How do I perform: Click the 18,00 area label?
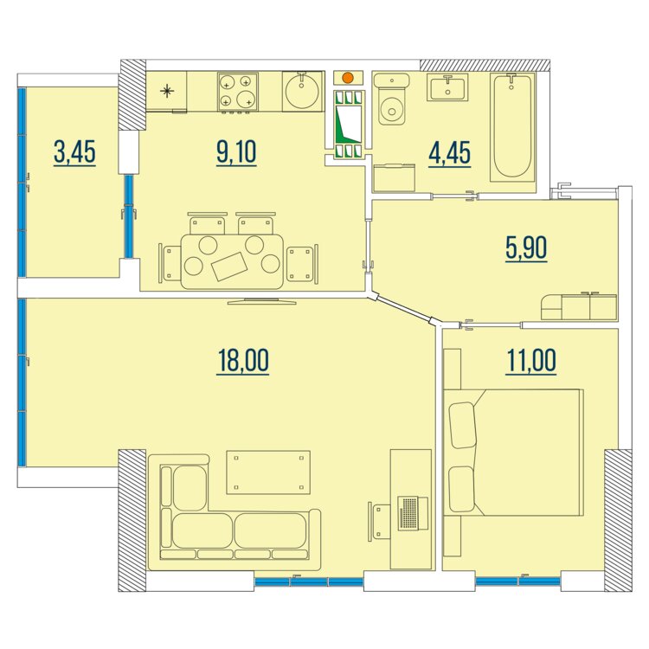coord(242,361)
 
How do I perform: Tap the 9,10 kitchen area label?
coord(236,152)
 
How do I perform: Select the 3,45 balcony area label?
coord(74,152)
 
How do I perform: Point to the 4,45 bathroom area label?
coord(449,153)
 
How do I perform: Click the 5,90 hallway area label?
coord(526,248)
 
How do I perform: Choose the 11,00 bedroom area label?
coord(531,361)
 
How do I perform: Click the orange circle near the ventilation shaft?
coord(348,77)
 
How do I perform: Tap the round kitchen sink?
coord(302,91)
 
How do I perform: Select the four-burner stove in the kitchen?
coord(238,92)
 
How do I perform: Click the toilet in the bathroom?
coord(391,100)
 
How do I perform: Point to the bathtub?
coord(512,127)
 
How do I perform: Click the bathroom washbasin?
coord(447,87)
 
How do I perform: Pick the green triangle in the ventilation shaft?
coord(347,125)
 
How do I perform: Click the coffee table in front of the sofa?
coord(268,472)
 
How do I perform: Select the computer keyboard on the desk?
coord(408,513)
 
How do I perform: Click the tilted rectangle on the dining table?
coord(229,267)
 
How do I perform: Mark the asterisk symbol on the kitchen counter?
coord(167,91)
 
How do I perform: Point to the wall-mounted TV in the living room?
coord(262,301)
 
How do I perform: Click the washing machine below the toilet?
coord(394,178)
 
